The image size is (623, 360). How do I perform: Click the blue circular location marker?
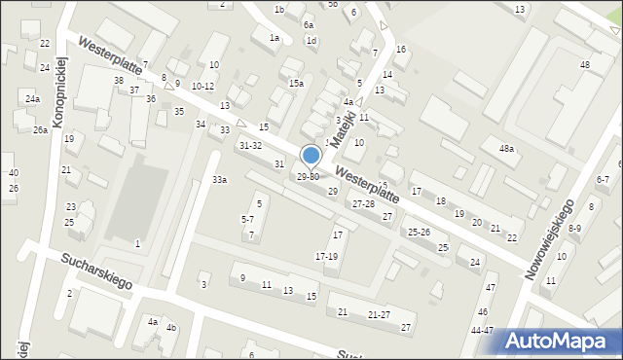[x=311, y=156]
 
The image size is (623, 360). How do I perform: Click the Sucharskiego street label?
[x=95, y=273]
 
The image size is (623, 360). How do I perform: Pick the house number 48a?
[x=506, y=149]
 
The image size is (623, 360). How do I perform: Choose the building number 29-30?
[x=308, y=177]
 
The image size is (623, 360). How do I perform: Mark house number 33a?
[x=220, y=180]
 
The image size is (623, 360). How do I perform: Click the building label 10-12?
[x=202, y=87]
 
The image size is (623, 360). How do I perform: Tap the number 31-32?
[x=250, y=145]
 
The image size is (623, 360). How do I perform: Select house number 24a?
[x=33, y=99]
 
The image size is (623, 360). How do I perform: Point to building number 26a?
[x=40, y=130]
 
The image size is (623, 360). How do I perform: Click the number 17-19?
[x=326, y=256]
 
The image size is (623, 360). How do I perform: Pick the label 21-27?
[x=379, y=314]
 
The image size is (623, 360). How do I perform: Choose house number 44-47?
[x=482, y=331]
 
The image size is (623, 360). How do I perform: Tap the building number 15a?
[x=296, y=84]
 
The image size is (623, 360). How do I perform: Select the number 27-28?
[x=363, y=204]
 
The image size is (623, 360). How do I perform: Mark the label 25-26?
[x=419, y=232]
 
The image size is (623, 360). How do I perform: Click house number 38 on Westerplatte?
[x=119, y=80]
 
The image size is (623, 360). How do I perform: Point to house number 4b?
[x=171, y=327]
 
